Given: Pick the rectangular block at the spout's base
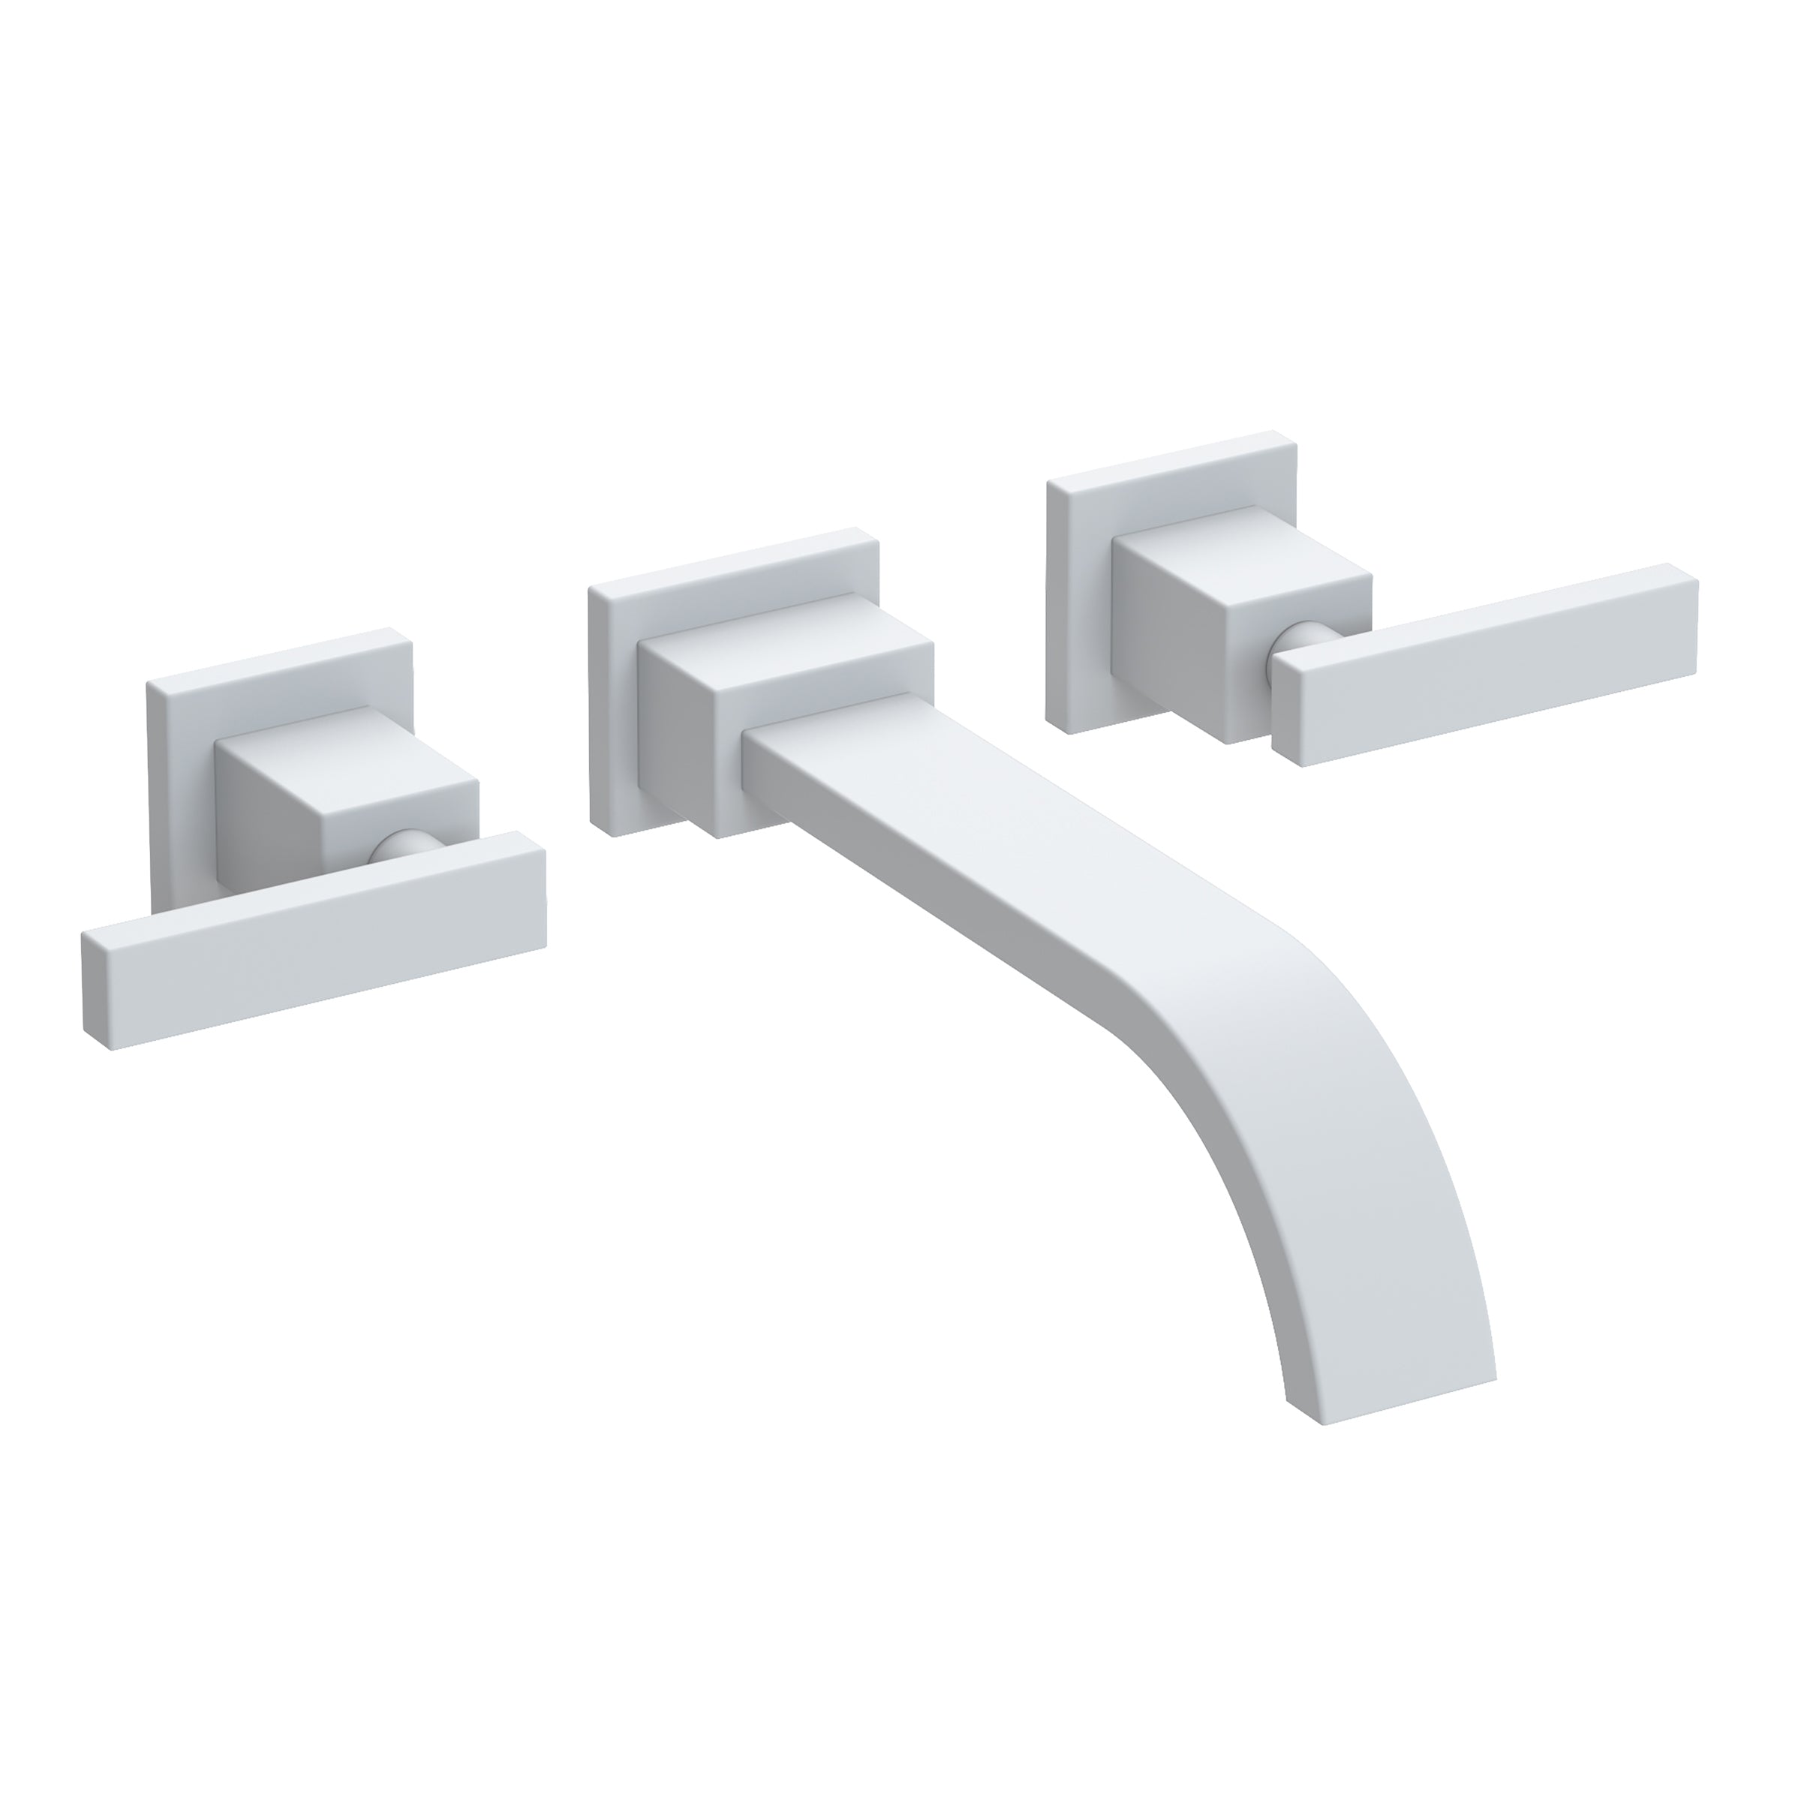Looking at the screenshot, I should pos(681,746).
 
